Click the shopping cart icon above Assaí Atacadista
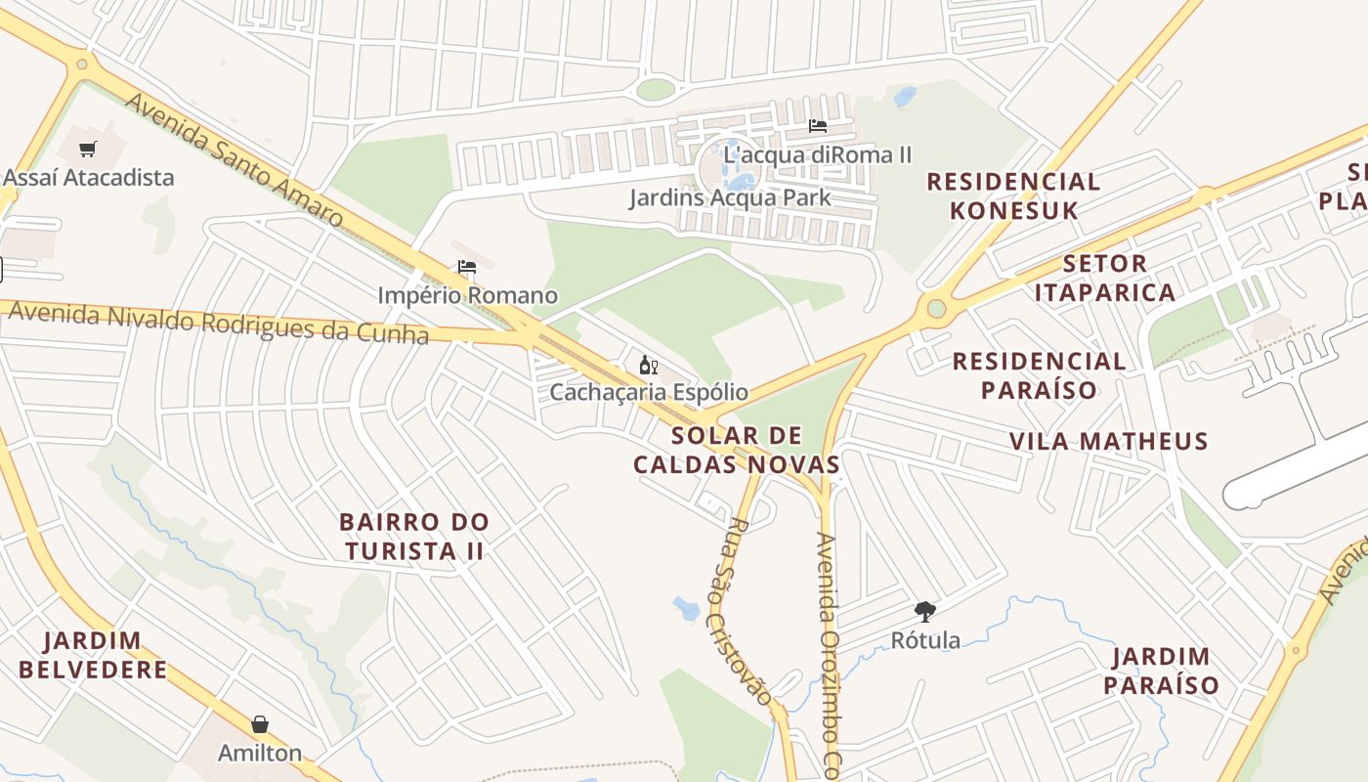point(89,150)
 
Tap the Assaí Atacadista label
point(89,178)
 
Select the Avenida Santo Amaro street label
point(235,161)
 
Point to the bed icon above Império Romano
point(467,267)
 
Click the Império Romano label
point(468,295)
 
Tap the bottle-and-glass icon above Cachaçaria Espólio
point(648,366)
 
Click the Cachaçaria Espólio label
point(649,393)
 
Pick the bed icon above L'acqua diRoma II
point(818,126)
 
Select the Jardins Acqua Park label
point(730,197)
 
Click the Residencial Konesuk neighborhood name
point(1013,195)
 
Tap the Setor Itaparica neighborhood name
point(1105,278)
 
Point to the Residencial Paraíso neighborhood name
point(1040,375)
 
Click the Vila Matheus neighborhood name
point(1109,442)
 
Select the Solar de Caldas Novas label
point(737,450)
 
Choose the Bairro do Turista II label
point(414,536)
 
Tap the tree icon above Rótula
point(924,613)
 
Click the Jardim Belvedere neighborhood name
point(93,655)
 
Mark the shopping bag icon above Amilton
point(260,724)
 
